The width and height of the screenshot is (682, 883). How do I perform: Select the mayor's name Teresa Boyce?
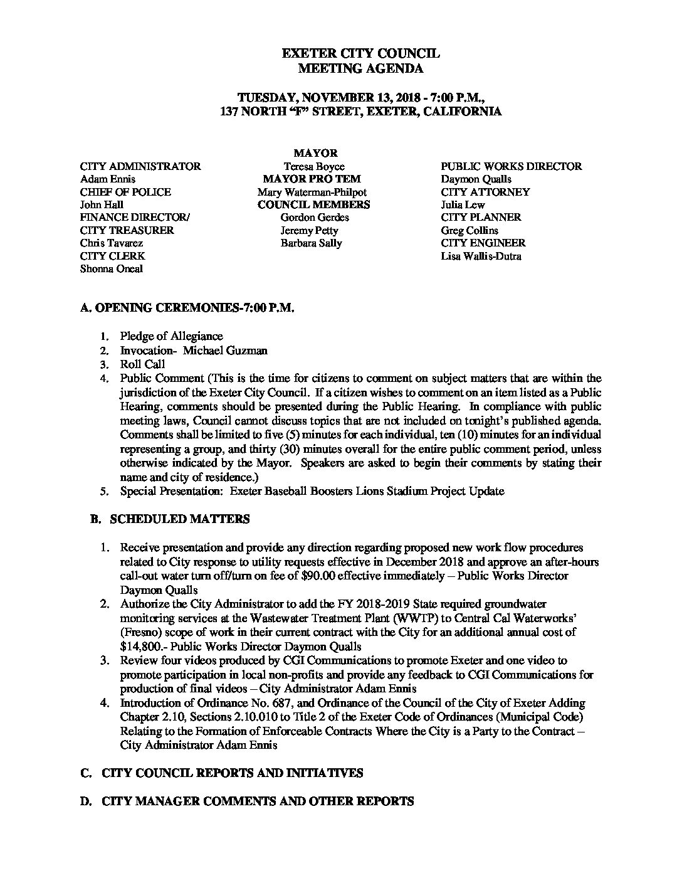click(x=311, y=166)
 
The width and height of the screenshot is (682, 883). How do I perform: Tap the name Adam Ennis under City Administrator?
click(x=107, y=179)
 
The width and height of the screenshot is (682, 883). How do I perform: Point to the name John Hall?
click(x=102, y=204)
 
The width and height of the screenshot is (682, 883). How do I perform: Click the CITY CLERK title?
click(x=112, y=256)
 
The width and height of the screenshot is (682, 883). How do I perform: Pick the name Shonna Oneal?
click(x=111, y=268)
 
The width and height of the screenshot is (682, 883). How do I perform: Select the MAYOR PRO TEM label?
click(x=311, y=179)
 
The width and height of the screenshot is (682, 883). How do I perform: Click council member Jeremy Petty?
click(x=309, y=230)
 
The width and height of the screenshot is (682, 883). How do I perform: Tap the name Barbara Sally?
click(x=311, y=243)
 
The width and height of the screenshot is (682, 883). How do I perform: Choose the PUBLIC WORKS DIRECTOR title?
click(x=511, y=166)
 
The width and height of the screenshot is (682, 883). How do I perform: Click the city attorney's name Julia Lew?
click(x=463, y=204)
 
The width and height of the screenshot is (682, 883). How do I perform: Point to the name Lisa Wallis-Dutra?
click(x=481, y=256)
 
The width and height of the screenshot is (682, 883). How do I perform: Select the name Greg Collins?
click(x=470, y=230)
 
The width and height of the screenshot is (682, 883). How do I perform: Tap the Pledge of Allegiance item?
click(x=171, y=336)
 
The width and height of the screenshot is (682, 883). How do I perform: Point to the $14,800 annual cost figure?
click(x=139, y=646)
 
